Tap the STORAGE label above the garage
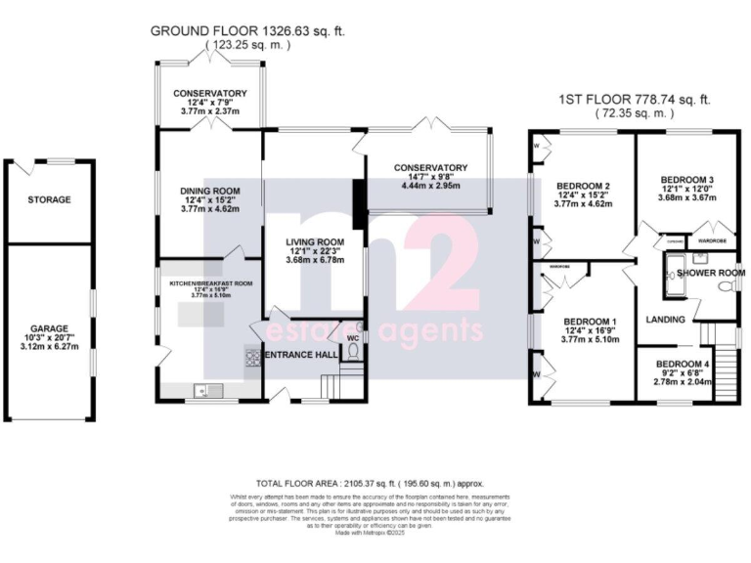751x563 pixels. [49, 199]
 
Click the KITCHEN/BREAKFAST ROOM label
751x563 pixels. [211, 281]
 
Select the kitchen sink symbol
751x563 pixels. [201, 391]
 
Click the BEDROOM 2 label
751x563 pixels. [584, 186]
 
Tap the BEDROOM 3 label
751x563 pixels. [685, 180]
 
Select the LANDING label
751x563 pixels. [664, 320]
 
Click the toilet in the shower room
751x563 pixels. [724, 286]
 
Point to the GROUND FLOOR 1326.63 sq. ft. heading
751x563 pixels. [247, 31]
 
